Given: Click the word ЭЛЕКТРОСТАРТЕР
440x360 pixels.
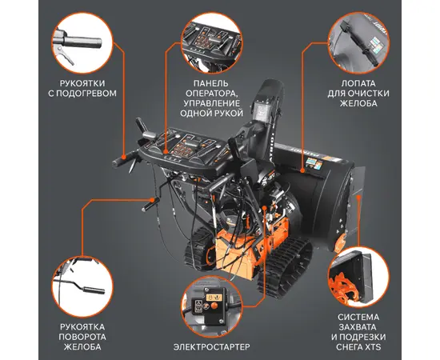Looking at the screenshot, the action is (211, 347).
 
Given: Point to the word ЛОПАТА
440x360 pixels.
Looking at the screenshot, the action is (358, 83).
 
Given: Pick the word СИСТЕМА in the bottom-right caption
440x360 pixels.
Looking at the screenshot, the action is (358, 317).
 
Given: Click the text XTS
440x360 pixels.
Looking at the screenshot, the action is (374, 347).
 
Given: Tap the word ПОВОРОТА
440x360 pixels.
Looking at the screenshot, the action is (82, 337).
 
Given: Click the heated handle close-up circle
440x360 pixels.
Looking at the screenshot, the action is (82, 42).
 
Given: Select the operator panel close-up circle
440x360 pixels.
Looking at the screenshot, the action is (211, 42).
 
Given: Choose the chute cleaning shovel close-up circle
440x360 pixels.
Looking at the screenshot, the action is (358, 42).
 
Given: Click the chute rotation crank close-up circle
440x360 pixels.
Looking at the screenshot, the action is (82, 286).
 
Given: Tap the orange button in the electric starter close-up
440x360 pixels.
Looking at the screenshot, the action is (214, 306).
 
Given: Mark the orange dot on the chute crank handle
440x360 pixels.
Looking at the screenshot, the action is (152, 200).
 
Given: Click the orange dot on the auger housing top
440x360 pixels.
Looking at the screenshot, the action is (302, 170).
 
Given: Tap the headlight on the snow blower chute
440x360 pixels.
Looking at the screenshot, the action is (262, 110).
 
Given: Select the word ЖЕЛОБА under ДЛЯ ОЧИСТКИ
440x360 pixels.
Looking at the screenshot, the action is (358, 103).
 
